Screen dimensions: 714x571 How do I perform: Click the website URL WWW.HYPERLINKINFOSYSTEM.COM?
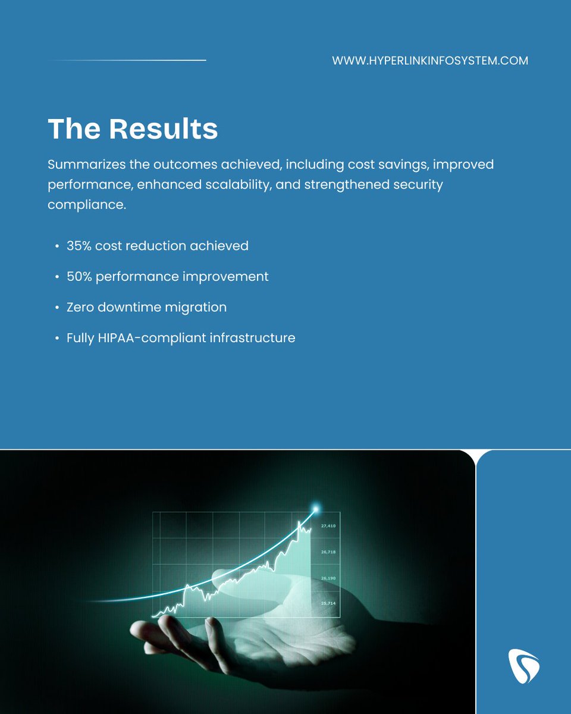point(430,61)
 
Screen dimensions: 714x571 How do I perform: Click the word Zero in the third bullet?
point(81,308)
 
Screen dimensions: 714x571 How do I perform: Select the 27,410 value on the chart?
point(328,526)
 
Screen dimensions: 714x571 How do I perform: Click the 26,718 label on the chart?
point(328,552)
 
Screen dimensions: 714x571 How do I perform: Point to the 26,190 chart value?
point(328,578)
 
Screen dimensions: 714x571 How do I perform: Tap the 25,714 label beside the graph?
point(328,604)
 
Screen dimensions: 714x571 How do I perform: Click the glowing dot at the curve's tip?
point(316,509)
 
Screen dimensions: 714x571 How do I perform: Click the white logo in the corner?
point(524,665)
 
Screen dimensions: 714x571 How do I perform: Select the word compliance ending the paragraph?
point(86,205)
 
